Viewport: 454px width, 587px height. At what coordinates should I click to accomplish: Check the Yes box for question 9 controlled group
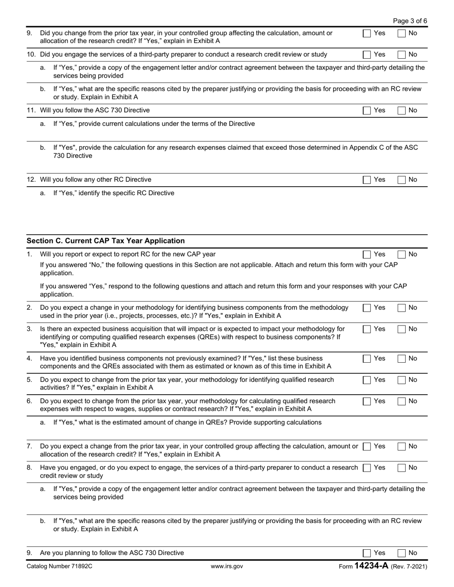click(367, 33)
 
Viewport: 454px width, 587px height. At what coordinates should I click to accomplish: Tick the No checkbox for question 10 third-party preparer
click(401, 54)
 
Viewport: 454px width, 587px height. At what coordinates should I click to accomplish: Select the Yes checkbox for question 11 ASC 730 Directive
click(367, 110)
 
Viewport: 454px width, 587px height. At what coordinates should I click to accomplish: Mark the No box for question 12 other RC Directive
click(401, 179)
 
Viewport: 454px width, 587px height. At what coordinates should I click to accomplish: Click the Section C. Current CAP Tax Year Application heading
click(106, 241)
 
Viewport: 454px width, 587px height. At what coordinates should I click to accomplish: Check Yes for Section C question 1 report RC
click(367, 254)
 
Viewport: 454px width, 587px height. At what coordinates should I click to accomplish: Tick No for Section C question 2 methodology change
click(401, 308)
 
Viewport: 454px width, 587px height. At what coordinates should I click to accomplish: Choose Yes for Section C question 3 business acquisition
click(367, 329)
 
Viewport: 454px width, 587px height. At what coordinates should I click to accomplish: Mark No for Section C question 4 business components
click(401, 358)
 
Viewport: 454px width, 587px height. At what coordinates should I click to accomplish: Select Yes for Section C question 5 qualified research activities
click(367, 380)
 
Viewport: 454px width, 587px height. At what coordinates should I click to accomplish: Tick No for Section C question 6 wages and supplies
click(401, 401)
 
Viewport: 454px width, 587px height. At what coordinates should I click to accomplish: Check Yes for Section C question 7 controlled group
click(367, 446)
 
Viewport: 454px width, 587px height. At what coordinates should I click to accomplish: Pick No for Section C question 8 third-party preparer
click(401, 468)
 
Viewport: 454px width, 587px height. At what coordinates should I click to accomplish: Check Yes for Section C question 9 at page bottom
click(367, 553)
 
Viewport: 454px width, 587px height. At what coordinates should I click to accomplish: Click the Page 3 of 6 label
click(410, 21)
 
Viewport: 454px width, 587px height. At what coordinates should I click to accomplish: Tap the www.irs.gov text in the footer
click(227, 566)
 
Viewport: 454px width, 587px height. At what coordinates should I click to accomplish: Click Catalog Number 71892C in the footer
click(60, 566)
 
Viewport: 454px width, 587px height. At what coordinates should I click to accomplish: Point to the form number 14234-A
click(371, 566)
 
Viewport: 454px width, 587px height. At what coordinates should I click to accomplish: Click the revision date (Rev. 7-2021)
click(409, 566)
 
